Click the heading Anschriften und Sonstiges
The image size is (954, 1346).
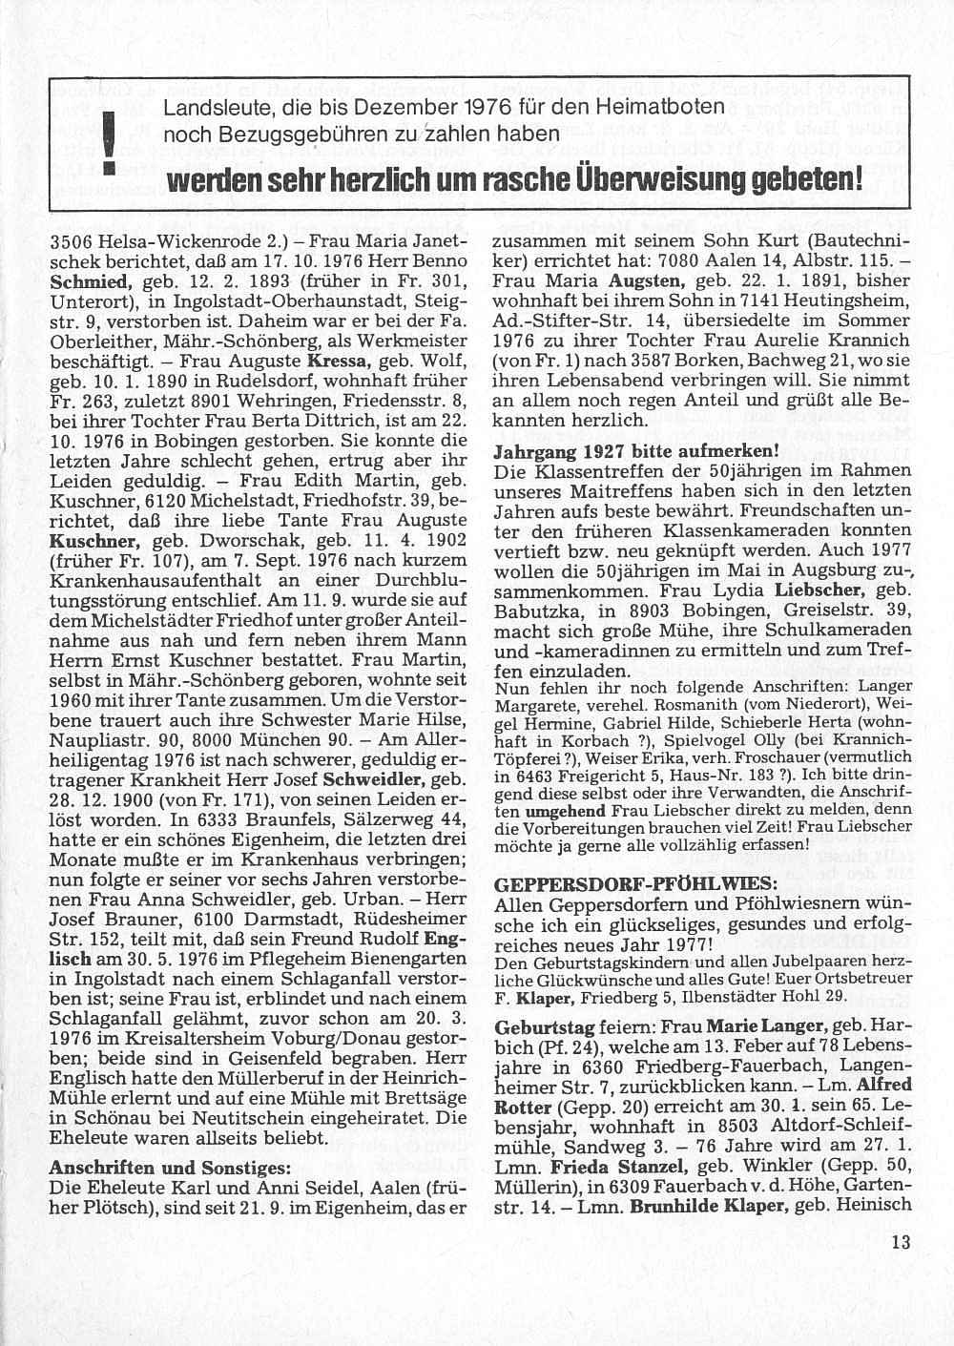click(170, 1169)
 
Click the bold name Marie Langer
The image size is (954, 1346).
click(764, 1026)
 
